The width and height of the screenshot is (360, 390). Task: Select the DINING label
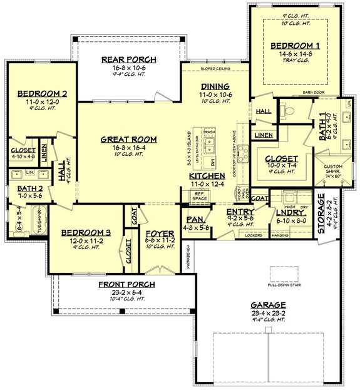215,86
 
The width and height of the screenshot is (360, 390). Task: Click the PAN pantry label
193,220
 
